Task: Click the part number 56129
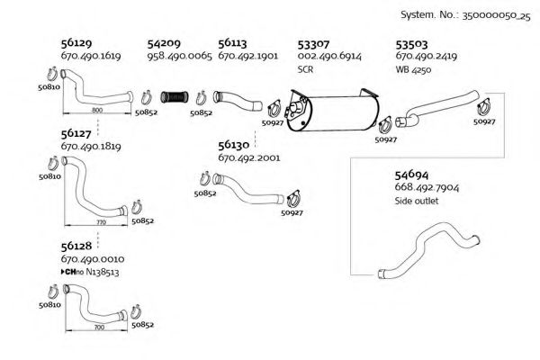[77, 42]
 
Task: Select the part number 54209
[164, 42]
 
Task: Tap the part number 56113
[233, 42]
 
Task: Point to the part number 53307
[313, 42]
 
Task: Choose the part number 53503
[411, 42]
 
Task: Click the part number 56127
[77, 132]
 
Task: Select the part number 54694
[412, 174]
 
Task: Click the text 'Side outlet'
[416, 201]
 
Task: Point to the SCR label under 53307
[305, 68]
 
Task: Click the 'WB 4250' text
[414, 68]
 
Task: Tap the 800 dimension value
[96, 109]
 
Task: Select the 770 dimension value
[100, 220]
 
